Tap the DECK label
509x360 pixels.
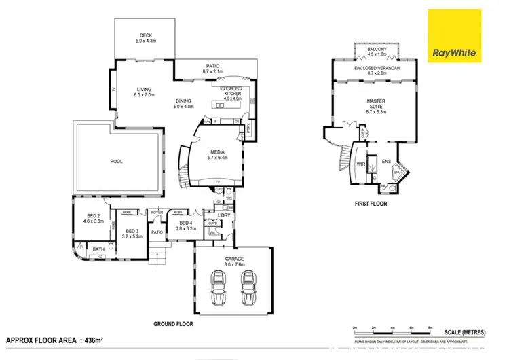pyautogui.click(x=145, y=35)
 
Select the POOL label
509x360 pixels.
pyautogui.click(x=117, y=162)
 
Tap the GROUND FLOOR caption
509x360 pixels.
pyautogui.click(x=175, y=324)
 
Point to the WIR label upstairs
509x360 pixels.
pyautogui.click(x=361, y=164)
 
